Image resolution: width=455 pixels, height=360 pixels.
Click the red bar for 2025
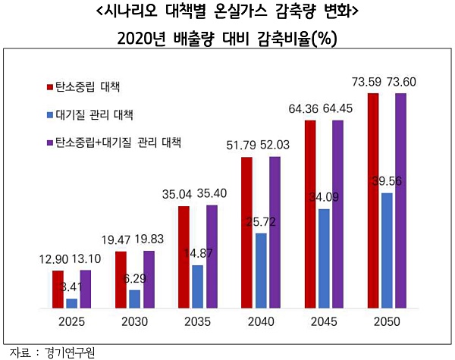coord(58,290)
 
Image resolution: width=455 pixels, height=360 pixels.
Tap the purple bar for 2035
coord(212,257)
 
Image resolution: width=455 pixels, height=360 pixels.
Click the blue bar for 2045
coord(324,259)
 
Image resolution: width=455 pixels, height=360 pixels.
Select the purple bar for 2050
coord(401,201)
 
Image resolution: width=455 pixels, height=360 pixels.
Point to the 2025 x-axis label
coord(71,321)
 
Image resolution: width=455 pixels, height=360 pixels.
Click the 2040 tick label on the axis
coord(260,321)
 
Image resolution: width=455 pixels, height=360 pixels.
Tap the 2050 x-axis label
coord(387,321)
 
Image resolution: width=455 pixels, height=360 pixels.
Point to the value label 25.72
coord(261,222)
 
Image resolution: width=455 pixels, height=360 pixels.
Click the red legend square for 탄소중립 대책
coord(49,85)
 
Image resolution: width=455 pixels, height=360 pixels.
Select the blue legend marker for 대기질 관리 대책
coord(49,114)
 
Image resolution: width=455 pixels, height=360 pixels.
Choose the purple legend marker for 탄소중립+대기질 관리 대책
coord(49,142)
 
